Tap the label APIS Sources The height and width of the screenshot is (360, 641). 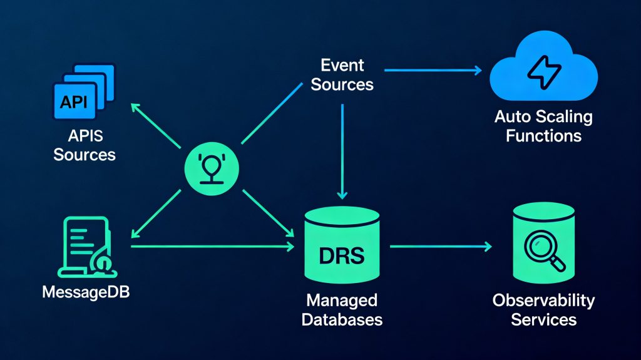click(x=84, y=145)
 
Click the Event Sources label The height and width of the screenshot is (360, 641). click(x=342, y=75)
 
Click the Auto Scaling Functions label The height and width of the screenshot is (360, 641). click(x=543, y=126)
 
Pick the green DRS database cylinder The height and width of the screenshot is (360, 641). click(x=342, y=248)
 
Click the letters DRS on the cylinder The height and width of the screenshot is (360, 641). click(x=342, y=257)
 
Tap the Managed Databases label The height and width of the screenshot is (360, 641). click(x=342, y=310)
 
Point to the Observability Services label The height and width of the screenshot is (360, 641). click(x=543, y=310)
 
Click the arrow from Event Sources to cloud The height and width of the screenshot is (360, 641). click(x=432, y=70)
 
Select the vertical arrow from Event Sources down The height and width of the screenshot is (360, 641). click(x=342, y=150)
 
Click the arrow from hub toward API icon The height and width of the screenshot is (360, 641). click(x=156, y=125)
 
